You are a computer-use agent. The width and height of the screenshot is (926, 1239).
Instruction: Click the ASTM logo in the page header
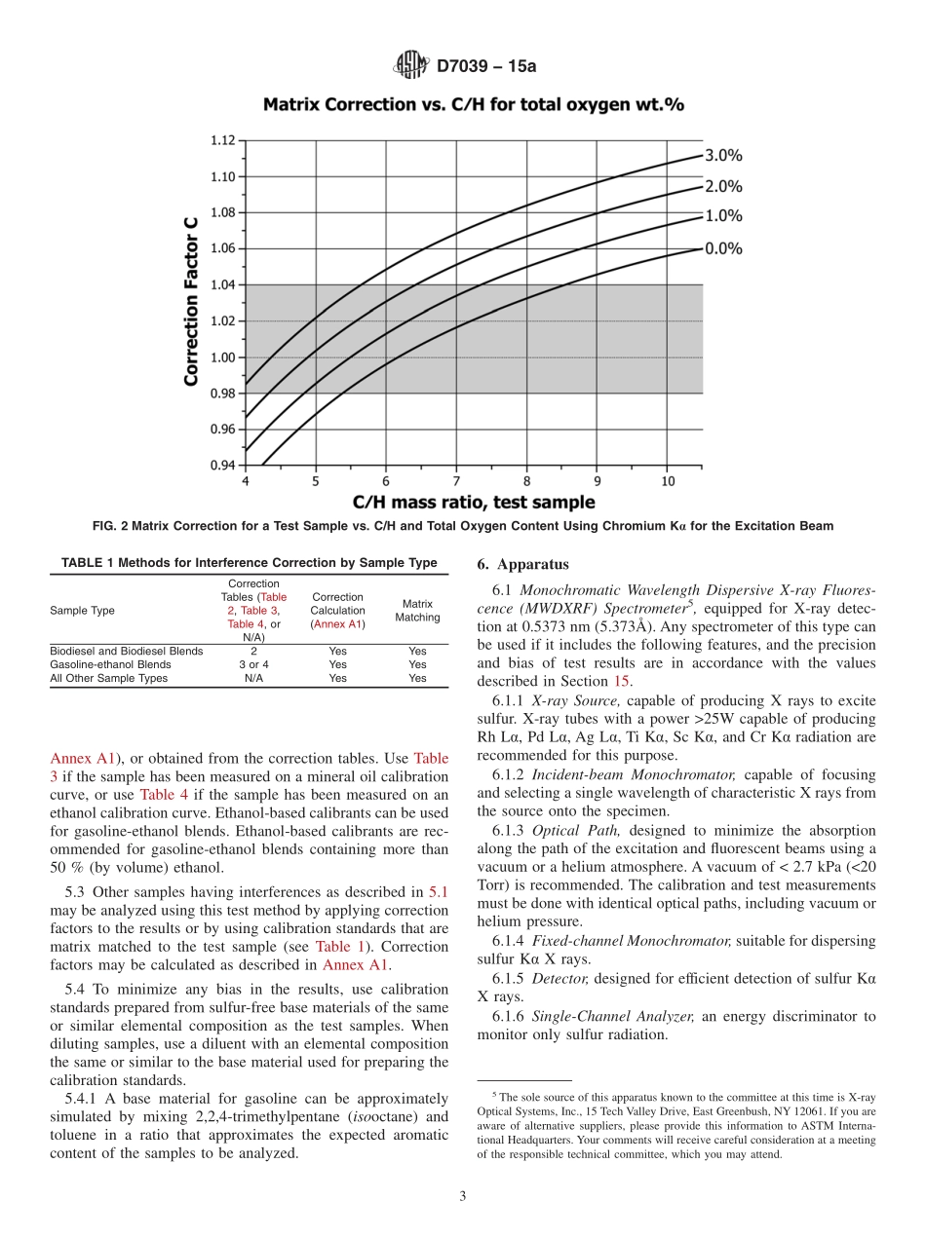point(409,65)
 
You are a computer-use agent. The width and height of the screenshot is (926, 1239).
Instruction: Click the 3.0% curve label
point(723,155)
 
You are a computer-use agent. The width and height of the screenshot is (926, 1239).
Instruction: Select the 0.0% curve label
point(723,248)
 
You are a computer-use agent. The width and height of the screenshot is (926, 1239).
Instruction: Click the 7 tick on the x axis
point(456,481)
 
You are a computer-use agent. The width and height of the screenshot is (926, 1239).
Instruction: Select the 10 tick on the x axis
point(668,481)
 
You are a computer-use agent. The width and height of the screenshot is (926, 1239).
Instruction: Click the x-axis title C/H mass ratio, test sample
point(473,503)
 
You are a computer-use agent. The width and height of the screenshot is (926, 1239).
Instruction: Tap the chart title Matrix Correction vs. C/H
point(473,103)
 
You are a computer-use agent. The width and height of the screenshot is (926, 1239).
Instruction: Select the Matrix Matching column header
point(417,611)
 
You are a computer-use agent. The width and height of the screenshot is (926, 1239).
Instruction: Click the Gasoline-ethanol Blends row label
point(110,664)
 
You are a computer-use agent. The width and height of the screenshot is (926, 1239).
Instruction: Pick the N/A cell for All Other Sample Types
point(252,678)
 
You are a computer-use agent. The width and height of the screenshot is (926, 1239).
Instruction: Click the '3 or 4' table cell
point(252,664)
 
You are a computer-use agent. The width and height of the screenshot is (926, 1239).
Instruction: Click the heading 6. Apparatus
point(523,565)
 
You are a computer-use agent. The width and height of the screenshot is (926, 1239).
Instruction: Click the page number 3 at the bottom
point(463,1196)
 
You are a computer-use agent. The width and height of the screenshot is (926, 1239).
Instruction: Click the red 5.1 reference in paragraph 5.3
point(438,891)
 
